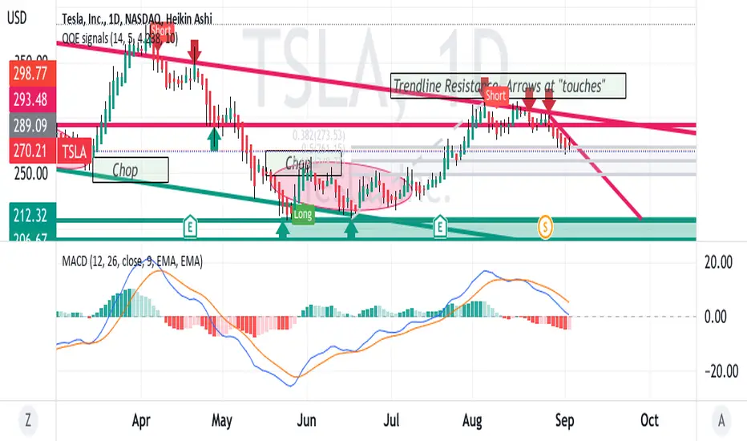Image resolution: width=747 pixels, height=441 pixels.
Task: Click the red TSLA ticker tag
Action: click(75, 149)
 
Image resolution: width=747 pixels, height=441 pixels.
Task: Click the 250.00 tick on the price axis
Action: click(29, 173)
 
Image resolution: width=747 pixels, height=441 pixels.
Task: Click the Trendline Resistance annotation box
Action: click(507, 86)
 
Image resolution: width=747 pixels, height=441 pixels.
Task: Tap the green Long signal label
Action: click(303, 214)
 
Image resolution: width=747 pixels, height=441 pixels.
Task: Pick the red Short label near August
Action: click(495, 95)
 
